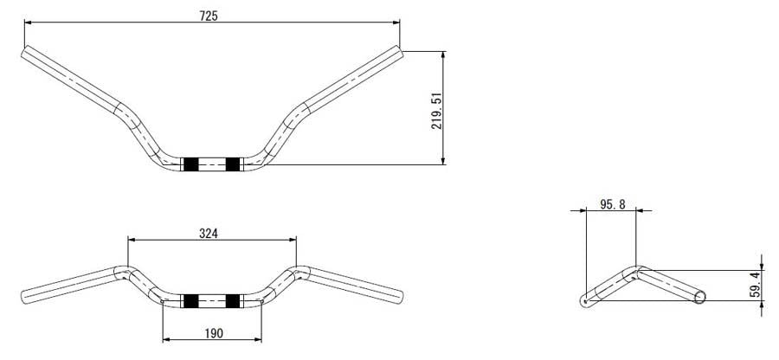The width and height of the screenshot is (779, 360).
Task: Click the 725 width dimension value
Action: (209, 16)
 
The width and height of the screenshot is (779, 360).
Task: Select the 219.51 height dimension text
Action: (437, 111)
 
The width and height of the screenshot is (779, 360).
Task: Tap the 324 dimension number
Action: (209, 233)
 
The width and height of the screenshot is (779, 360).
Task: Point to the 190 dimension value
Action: (214, 333)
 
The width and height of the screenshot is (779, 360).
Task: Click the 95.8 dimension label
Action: (612, 204)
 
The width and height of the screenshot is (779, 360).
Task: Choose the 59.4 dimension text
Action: (756, 285)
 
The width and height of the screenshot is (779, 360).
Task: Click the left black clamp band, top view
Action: (190, 164)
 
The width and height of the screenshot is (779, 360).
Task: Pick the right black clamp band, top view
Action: (233, 164)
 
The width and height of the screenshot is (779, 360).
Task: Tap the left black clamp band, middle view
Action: (190, 301)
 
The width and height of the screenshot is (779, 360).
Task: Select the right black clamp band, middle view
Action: (233, 301)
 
